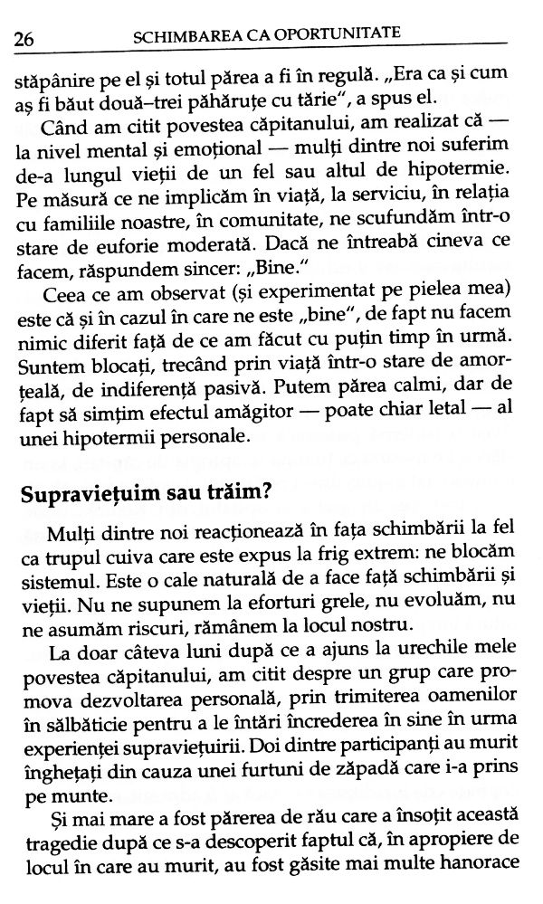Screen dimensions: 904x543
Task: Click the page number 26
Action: point(21,38)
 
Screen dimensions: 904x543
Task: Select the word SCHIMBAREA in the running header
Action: point(178,36)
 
